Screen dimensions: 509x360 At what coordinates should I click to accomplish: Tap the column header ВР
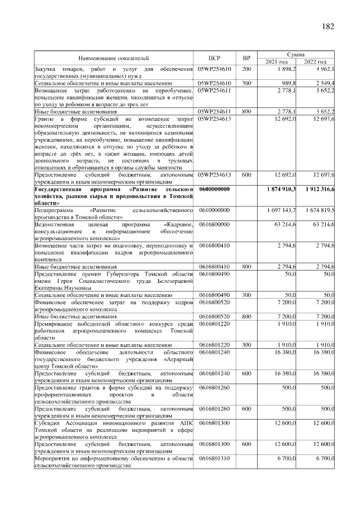point(246,57)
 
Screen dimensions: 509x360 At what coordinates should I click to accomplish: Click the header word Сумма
point(296,54)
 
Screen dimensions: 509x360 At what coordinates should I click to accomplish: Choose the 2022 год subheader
point(316,61)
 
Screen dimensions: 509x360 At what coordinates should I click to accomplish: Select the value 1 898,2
point(287,69)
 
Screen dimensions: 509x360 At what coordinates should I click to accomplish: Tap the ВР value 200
point(246,69)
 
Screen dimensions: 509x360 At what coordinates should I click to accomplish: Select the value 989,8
point(289,83)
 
